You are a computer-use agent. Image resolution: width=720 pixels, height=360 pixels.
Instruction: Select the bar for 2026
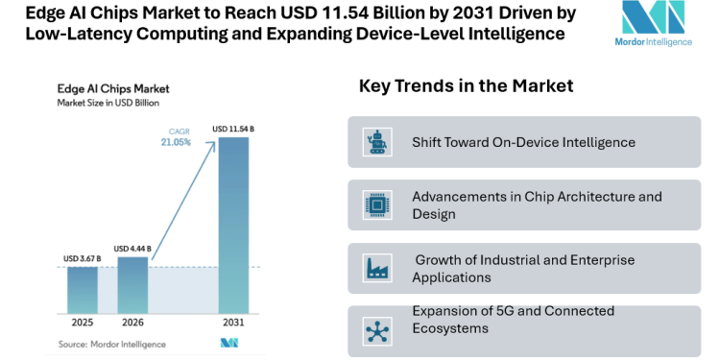pos(132,284)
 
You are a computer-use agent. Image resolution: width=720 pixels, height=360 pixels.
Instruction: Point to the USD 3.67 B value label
pos(82,258)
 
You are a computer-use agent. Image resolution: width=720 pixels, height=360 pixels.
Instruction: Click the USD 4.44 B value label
pos(132,249)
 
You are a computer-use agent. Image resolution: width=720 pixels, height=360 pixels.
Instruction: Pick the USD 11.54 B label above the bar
pos(233,129)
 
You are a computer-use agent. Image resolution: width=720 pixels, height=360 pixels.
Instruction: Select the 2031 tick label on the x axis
pos(234,323)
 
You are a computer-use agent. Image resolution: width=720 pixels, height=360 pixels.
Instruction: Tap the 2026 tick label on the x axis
pos(132,323)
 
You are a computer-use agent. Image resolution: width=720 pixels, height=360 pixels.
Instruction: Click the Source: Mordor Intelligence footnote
pos(111,344)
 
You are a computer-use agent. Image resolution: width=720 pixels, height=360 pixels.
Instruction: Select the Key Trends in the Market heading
pos(466,86)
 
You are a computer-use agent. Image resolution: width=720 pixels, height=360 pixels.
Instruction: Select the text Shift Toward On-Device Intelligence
pos(523,142)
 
